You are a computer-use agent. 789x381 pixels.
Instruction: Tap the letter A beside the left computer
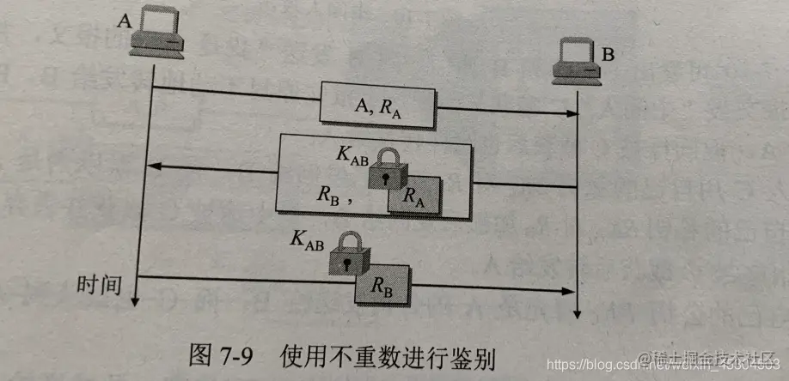(123, 20)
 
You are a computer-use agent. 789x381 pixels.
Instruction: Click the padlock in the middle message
(390, 167)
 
